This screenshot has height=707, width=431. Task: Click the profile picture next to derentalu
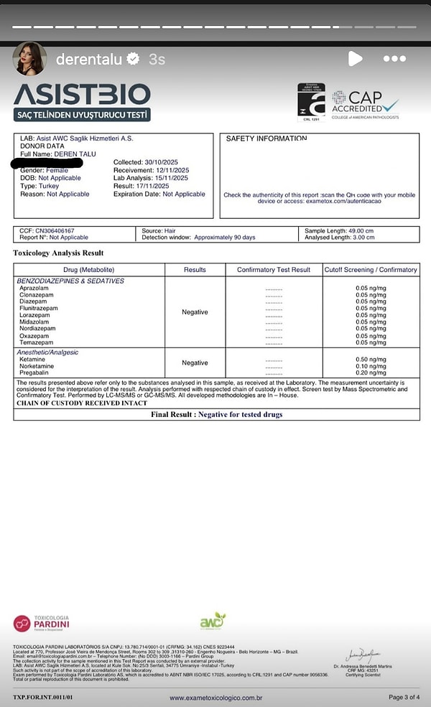[29, 59]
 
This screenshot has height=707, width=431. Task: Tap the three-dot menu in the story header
[395, 59]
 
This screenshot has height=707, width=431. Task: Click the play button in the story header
[355, 59]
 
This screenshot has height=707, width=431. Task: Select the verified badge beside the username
[133, 60]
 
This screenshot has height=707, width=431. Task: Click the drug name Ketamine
[32, 360]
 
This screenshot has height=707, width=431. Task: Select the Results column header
[195, 270]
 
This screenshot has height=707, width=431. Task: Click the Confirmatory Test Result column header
[274, 270]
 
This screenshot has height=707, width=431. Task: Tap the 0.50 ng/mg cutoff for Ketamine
[371, 360]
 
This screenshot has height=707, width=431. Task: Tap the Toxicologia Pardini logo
[42, 623]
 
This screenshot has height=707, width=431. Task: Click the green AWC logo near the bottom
[212, 622]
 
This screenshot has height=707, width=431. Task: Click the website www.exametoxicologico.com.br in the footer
[215, 698]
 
